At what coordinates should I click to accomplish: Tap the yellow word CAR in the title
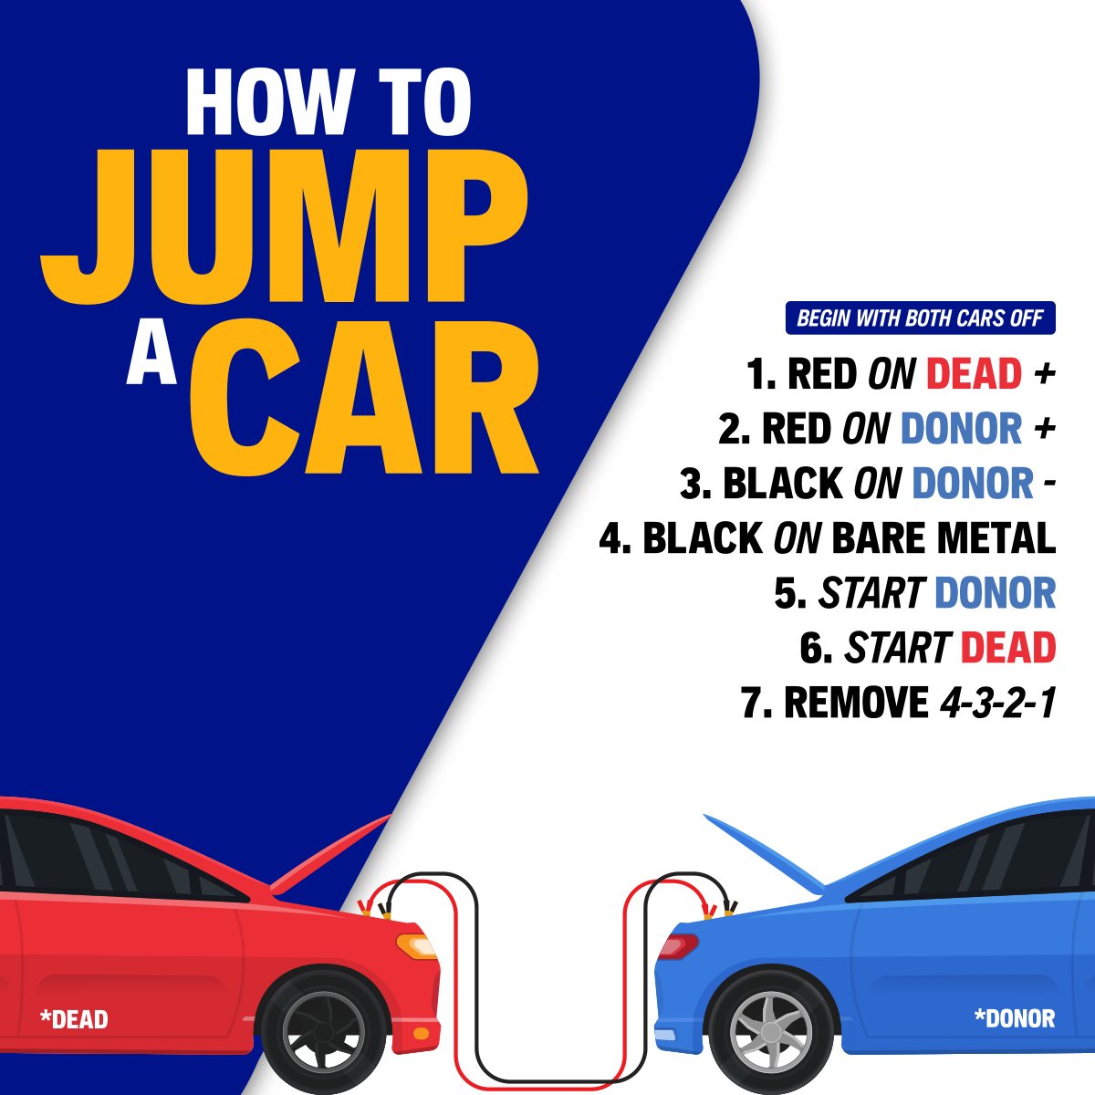pos(364,395)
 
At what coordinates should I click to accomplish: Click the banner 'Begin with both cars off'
pos(920,318)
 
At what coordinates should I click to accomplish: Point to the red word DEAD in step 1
pos(974,374)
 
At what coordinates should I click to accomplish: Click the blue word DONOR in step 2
pos(962,429)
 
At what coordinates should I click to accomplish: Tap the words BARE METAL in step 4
pos(944,538)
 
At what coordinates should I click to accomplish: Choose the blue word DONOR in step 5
pos(995,593)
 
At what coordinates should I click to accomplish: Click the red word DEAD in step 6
pos(1008,648)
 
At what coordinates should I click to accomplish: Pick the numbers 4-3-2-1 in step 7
pos(998,703)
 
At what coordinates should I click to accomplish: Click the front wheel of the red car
pos(324,1033)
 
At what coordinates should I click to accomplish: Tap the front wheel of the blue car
pos(771,1033)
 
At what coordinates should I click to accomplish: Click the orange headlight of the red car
pos(415,946)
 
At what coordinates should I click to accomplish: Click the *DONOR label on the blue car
pos(1015,1018)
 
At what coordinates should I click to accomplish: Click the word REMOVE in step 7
pos(856,703)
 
